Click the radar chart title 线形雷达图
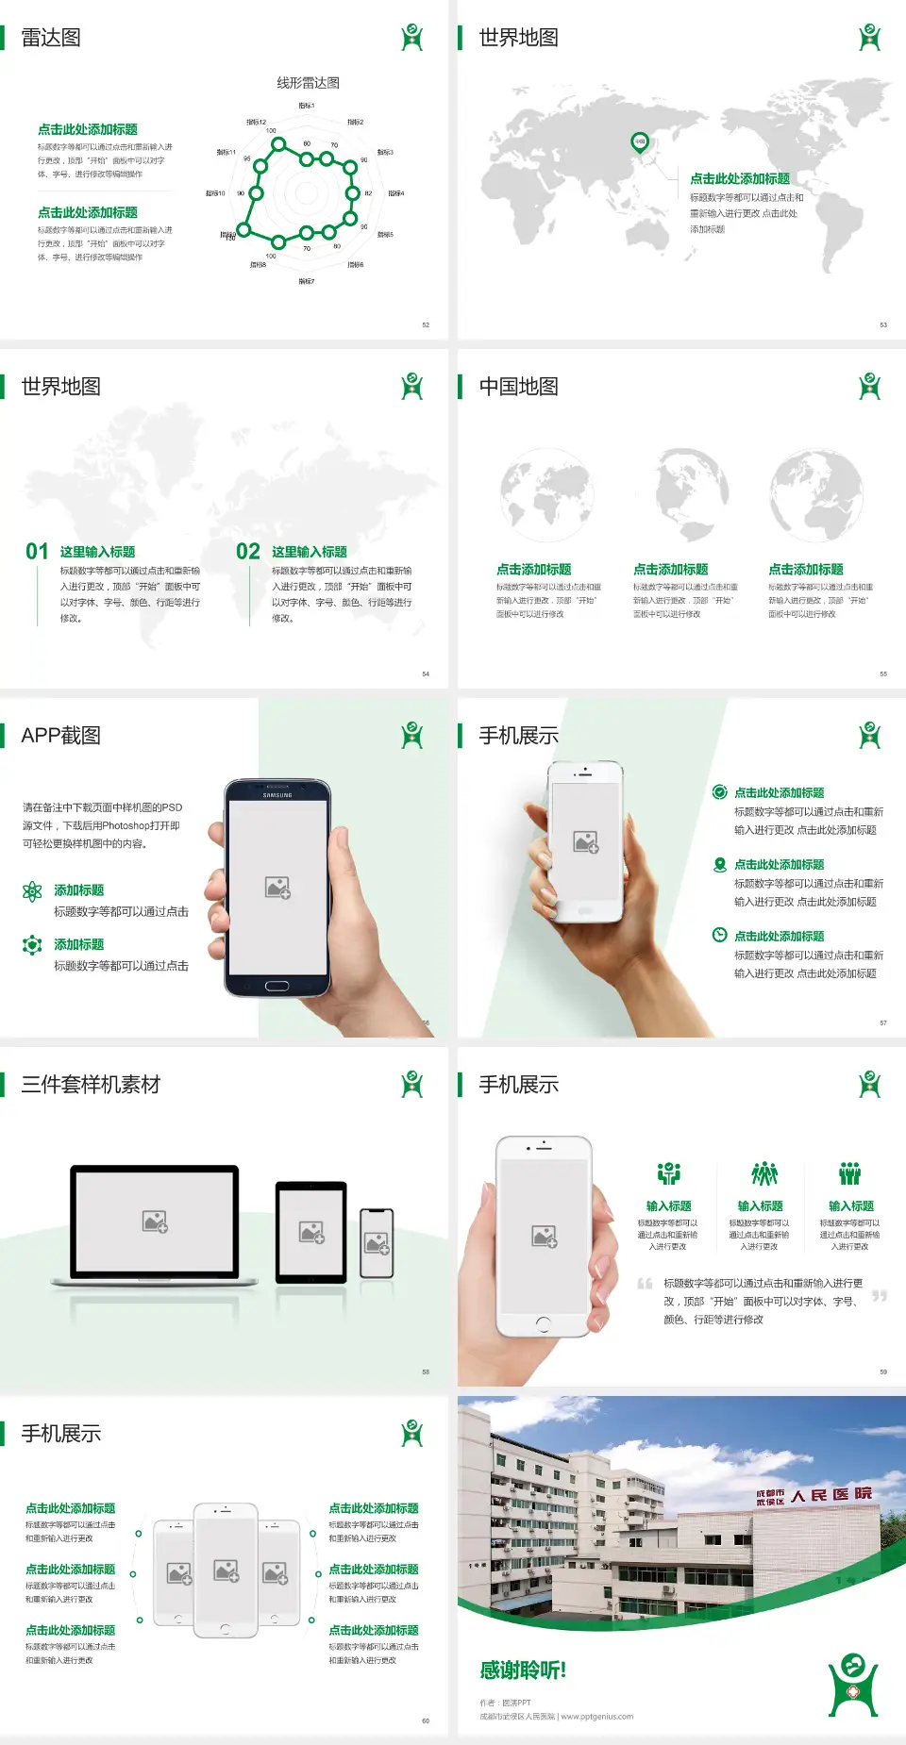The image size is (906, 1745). pyautogui.click(x=308, y=83)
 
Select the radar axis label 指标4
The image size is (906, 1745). pyautogui.click(x=396, y=193)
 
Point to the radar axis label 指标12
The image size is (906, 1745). pyautogui.click(x=257, y=122)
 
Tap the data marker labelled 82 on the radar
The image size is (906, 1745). pyautogui.click(x=353, y=193)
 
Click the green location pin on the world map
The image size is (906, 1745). pyautogui.click(x=640, y=142)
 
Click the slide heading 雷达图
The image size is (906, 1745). pyautogui.click(x=51, y=38)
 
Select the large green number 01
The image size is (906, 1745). pyautogui.click(x=37, y=552)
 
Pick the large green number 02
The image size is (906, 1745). pyautogui.click(x=248, y=552)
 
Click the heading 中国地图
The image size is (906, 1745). pyautogui.click(x=518, y=387)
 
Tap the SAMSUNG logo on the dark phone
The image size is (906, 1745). pyautogui.click(x=277, y=795)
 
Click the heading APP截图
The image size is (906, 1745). pyautogui.click(x=60, y=736)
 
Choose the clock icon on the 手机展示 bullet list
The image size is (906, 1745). pyautogui.click(x=719, y=935)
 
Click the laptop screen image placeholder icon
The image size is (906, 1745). pyautogui.click(x=155, y=1221)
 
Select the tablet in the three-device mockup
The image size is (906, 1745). pyautogui.click(x=311, y=1231)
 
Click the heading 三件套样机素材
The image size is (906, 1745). pyautogui.click(x=91, y=1085)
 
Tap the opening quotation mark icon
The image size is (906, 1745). pyautogui.click(x=646, y=1284)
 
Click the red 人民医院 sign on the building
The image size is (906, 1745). pyautogui.click(x=830, y=1495)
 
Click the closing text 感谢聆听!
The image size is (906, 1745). pyautogui.click(x=523, y=1670)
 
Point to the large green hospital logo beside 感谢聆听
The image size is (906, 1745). pyautogui.click(x=853, y=1685)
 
